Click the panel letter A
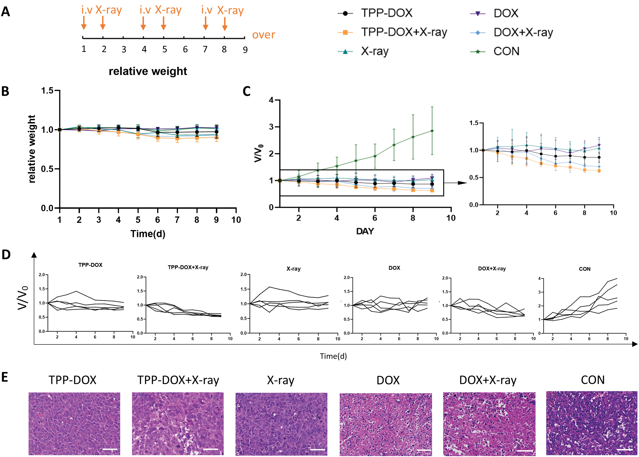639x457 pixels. point(6,12)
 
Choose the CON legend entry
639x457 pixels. point(506,51)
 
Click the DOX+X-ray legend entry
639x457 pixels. point(523,32)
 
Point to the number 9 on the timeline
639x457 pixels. point(245,50)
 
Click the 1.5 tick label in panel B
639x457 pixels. point(47,91)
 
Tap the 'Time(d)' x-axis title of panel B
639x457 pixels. point(148,234)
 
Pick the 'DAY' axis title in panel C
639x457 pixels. point(365,231)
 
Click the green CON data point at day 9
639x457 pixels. point(432,131)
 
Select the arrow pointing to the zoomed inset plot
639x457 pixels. point(456,183)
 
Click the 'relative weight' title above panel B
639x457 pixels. point(148,71)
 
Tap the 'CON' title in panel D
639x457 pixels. point(584,269)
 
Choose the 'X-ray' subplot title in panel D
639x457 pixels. point(293,269)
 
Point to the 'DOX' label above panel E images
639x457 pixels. point(388,380)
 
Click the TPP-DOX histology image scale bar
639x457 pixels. point(110,449)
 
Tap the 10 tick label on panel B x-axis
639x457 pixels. point(236,220)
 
